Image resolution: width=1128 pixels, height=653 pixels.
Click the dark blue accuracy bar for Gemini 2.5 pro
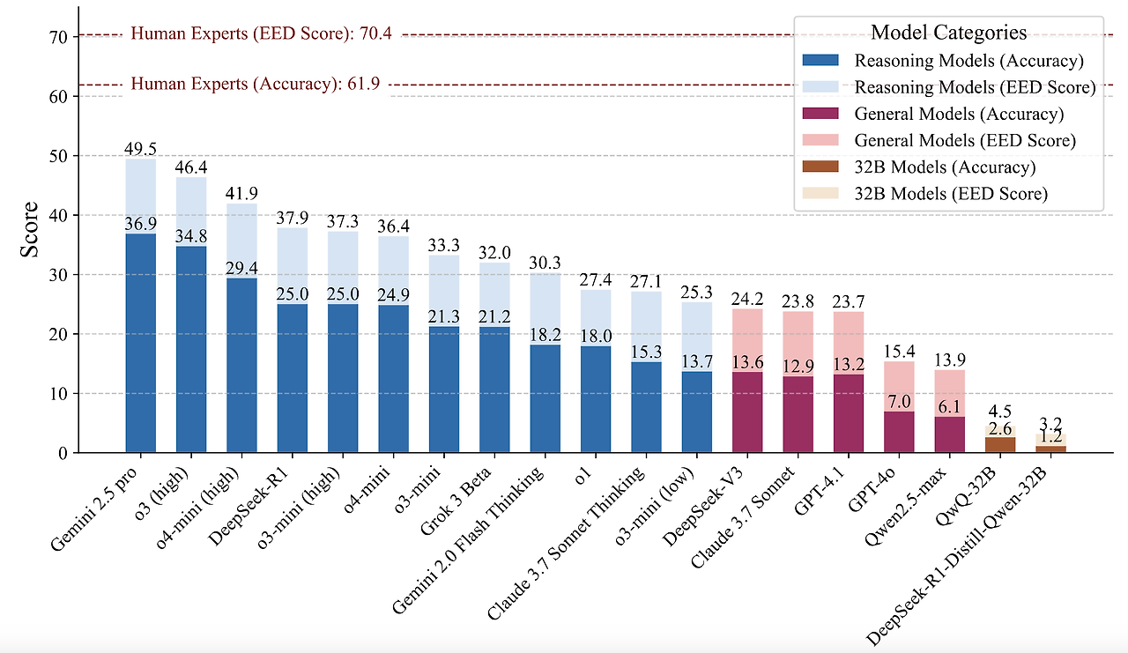click(x=140, y=343)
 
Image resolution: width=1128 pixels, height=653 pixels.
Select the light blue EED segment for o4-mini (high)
click(x=241, y=241)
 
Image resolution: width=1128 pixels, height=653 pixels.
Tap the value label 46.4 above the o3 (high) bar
click(x=191, y=167)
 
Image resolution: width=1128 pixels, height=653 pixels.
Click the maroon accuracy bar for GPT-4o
click(x=899, y=432)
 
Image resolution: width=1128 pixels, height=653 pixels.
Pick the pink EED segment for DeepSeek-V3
click(x=747, y=340)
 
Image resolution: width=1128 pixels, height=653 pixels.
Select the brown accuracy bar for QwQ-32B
click(x=1000, y=444)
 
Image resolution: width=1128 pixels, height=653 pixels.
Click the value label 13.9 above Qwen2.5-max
click(x=950, y=360)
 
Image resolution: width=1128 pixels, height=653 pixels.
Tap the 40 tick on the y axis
click(x=58, y=216)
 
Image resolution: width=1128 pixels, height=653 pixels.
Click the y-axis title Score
click(x=29, y=230)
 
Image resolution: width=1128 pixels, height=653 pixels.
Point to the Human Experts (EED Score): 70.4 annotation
click(x=262, y=33)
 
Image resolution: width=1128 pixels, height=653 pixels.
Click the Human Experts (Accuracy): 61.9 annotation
click(x=256, y=84)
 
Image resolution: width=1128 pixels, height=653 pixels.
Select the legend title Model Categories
click(x=949, y=33)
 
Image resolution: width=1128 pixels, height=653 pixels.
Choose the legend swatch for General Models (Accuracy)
click(x=820, y=114)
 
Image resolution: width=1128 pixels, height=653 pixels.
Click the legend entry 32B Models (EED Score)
click(x=951, y=194)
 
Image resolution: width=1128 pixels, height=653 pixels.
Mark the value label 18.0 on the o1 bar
click(x=596, y=336)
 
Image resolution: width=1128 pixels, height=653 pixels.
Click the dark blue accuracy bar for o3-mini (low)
click(x=697, y=412)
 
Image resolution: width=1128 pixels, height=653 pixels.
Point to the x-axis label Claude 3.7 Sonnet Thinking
click(x=566, y=543)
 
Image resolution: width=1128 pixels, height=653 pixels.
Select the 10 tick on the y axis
click(x=58, y=394)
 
